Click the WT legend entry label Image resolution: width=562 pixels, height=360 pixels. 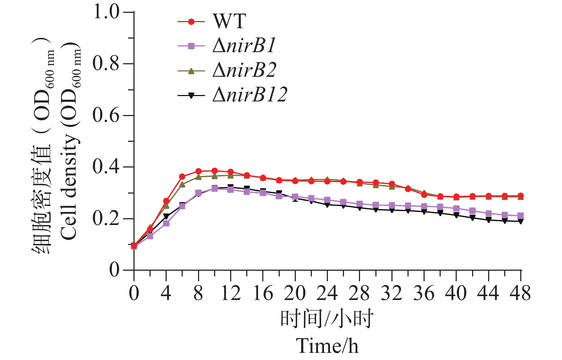point(229,21)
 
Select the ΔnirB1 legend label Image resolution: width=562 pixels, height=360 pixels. point(244,46)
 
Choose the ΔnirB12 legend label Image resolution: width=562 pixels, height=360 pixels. point(250,95)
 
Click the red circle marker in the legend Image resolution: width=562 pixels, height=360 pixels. point(191,22)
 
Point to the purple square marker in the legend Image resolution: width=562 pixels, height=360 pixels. point(191,46)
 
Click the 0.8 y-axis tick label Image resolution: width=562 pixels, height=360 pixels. point(106,64)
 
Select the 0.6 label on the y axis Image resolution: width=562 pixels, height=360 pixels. point(106,115)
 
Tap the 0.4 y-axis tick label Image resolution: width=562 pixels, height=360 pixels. point(106,167)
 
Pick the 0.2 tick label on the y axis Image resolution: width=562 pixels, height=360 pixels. point(106,219)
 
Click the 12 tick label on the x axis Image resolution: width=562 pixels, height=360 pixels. point(231,294)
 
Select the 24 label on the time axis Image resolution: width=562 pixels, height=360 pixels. point(327,294)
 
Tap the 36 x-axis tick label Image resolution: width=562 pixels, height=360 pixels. point(424,294)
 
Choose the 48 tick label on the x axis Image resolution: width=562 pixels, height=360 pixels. point(521,294)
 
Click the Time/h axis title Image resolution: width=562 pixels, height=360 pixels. point(327,346)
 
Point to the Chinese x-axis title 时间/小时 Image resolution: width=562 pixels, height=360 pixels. point(327,318)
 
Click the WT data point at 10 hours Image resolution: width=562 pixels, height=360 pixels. point(214,171)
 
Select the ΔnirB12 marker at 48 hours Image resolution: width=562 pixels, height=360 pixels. point(521,221)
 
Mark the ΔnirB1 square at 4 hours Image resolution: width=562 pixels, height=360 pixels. point(166,223)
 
